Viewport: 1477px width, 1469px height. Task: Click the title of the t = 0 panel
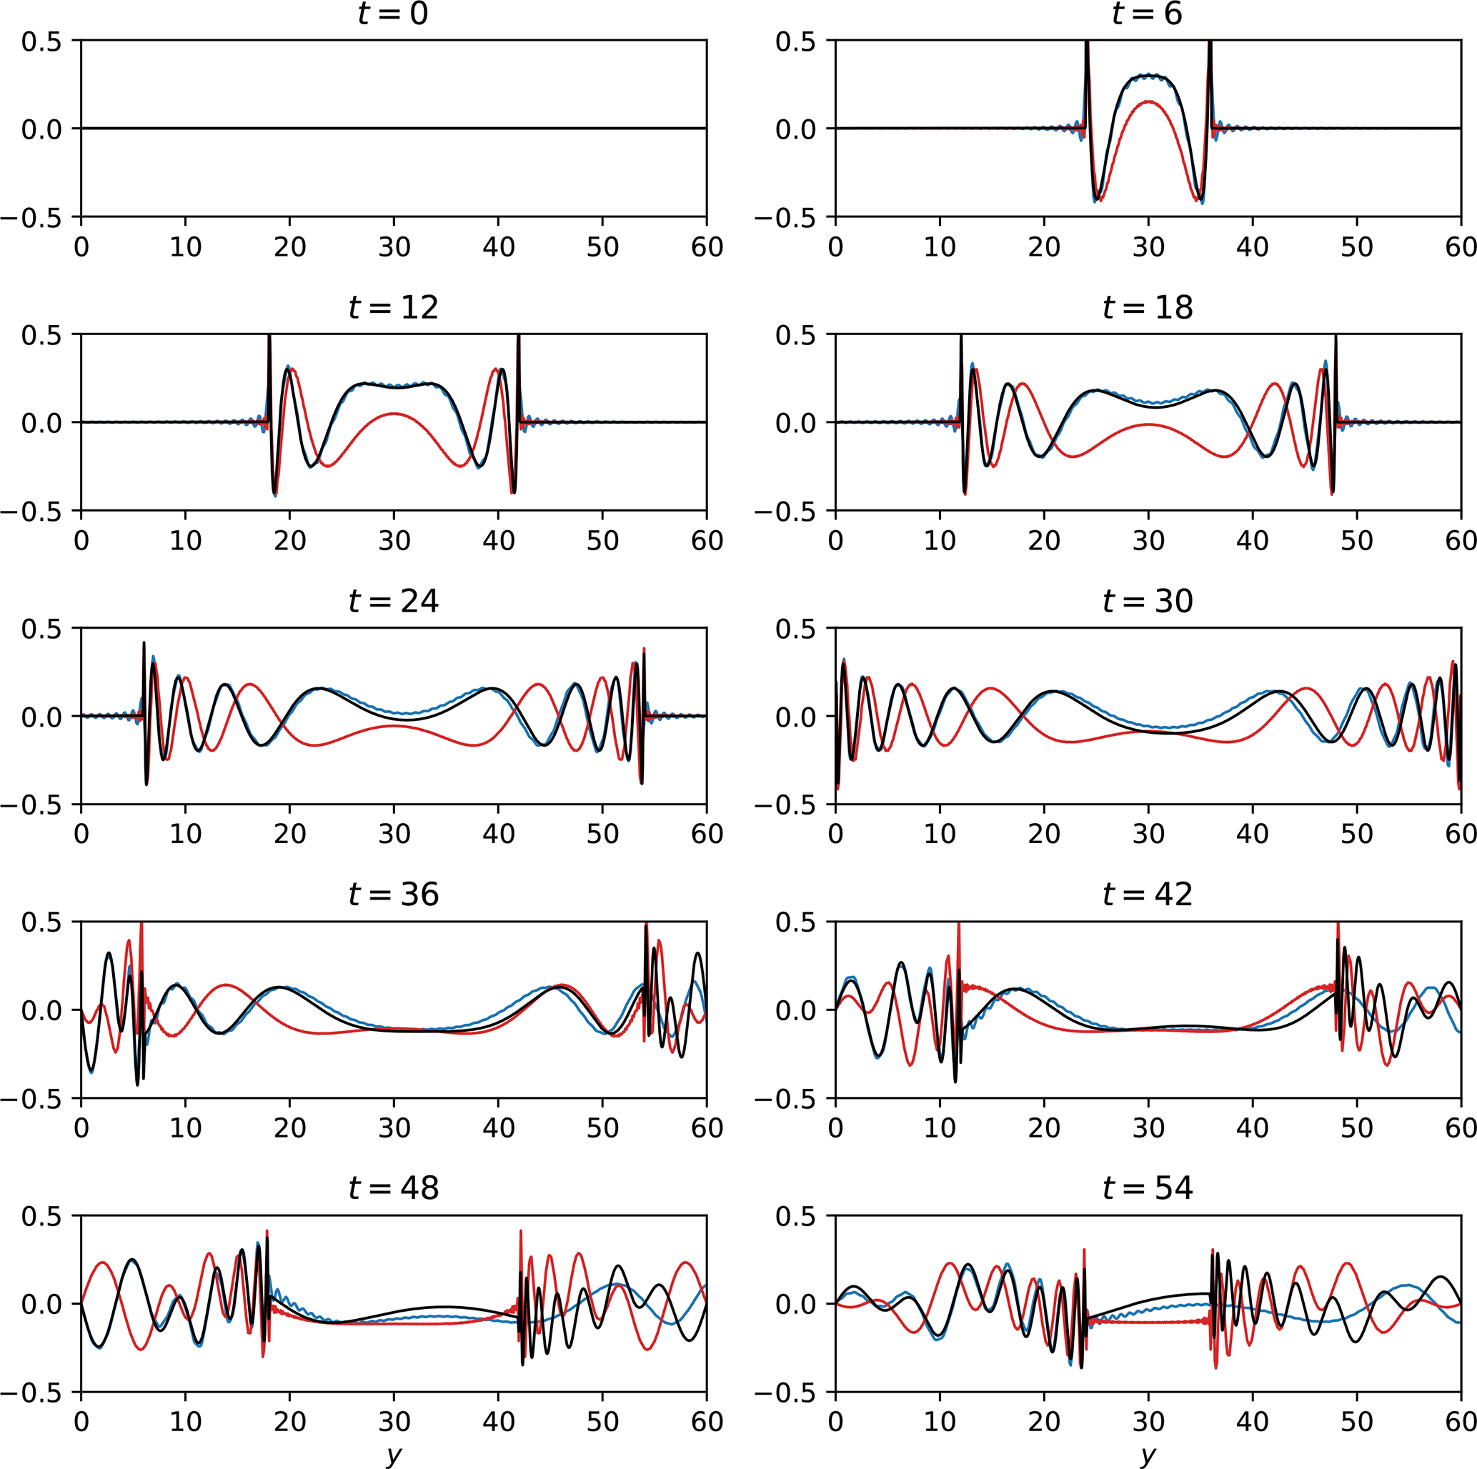coord(393,14)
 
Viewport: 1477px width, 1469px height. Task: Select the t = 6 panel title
coord(1147,14)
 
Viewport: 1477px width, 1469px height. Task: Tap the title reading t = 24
coord(393,601)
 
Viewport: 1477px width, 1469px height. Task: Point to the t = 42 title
coord(1147,895)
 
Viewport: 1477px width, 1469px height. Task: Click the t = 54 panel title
coord(1147,1187)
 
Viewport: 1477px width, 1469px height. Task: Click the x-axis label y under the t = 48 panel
coord(394,1455)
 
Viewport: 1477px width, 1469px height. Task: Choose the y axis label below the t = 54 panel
coord(1148,1455)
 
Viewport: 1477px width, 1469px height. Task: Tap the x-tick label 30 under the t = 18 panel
coord(1148,540)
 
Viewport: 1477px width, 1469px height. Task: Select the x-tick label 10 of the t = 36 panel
coord(185,1127)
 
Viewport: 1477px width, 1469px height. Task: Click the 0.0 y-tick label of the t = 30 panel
coord(796,717)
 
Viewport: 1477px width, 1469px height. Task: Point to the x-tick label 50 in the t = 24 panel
coord(602,834)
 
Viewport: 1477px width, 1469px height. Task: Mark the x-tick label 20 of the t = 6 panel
coord(1043,247)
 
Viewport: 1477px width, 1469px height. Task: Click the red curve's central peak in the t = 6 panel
coord(1148,101)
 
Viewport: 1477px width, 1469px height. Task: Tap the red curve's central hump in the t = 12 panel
coord(394,414)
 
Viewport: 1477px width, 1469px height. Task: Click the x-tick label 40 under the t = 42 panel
coord(1252,1127)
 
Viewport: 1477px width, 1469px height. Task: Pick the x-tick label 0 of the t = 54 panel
coord(835,1422)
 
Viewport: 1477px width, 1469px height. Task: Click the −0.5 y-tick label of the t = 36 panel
coord(31,1099)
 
